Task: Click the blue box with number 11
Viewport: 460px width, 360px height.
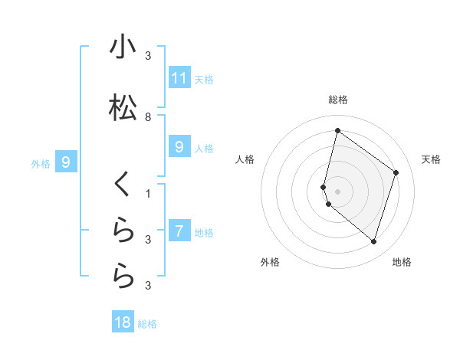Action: coord(179,77)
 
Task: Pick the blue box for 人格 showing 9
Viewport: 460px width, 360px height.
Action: coord(179,148)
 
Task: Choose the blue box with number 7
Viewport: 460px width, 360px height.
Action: coord(179,232)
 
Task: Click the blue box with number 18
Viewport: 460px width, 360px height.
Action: coord(123,322)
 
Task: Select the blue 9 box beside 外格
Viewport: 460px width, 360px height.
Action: coord(66,162)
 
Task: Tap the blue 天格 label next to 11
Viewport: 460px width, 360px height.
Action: coord(204,79)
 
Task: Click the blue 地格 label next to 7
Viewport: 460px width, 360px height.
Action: coord(204,233)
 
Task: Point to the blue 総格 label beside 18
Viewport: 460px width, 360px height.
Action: coord(147,324)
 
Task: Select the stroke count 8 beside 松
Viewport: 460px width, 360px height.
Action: coord(148,117)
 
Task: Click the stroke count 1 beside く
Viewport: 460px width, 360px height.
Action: coord(148,193)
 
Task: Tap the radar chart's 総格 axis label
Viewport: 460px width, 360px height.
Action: coord(338,100)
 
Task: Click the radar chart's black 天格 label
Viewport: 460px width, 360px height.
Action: coord(431,159)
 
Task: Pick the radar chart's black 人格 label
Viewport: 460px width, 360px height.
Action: coord(245,159)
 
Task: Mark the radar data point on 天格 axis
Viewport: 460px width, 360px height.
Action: coord(396,172)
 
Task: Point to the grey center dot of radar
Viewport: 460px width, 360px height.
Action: coord(338,191)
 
